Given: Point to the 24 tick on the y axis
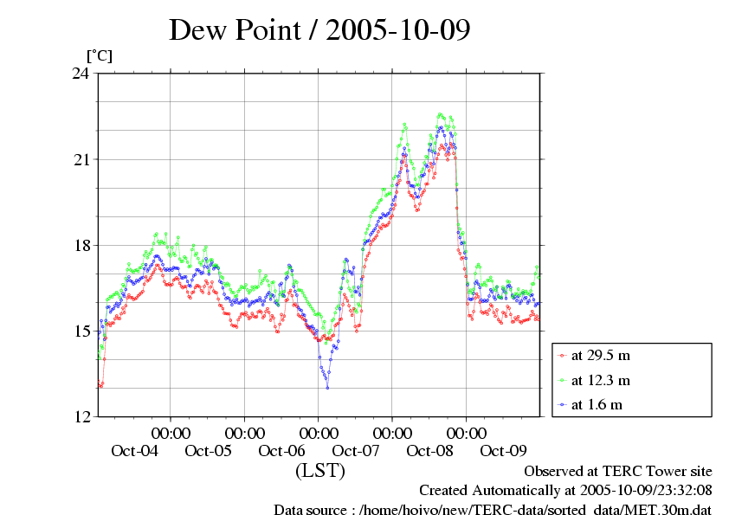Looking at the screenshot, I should pyautogui.click(x=80, y=74).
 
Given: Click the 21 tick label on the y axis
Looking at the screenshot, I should pyautogui.click(x=80, y=160).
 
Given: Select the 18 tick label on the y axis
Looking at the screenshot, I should pyautogui.click(x=80, y=246).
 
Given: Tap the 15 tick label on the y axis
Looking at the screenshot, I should pyautogui.click(x=80, y=332).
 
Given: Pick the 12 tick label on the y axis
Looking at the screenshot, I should pyautogui.click(x=80, y=417).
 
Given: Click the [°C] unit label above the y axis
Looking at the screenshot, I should pyautogui.click(x=99, y=56).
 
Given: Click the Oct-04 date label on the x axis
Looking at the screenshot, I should pyautogui.click(x=134, y=450).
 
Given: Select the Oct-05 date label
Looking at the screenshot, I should pyautogui.click(x=208, y=450).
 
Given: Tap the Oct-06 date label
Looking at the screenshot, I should pyautogui.click(x=282, y=450).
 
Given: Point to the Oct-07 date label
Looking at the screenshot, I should pyautogui.click(x=356, y=450).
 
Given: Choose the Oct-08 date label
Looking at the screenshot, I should pyautogui.click(x=430, y=450).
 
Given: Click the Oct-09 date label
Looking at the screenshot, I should pyautogui.click(x=504, y=450).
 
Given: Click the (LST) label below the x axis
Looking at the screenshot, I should pyautogui.click(x=319, y=472).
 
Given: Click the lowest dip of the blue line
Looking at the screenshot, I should pyautogui.click(x=327, y=388).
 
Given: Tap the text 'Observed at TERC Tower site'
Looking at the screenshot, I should pyautogui.click(x=618, y=471).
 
